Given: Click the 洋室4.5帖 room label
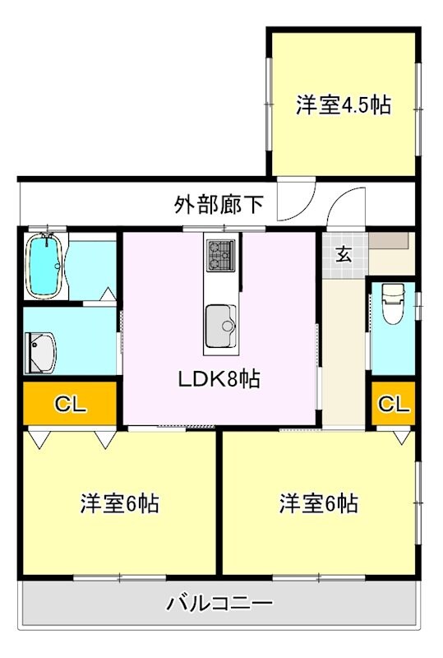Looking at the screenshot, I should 343,105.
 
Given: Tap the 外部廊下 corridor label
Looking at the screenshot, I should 219,203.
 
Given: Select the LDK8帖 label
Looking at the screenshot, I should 219,379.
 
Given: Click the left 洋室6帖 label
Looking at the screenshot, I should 119,503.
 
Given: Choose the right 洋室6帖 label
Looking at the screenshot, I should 318,503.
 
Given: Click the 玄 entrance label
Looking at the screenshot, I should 344,254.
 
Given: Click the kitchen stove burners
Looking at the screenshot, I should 219,254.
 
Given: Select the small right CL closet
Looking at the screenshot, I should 393,404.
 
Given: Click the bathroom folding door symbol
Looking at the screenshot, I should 108,294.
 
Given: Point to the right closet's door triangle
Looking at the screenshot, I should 401,437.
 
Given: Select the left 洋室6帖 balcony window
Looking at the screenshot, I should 119,577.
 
